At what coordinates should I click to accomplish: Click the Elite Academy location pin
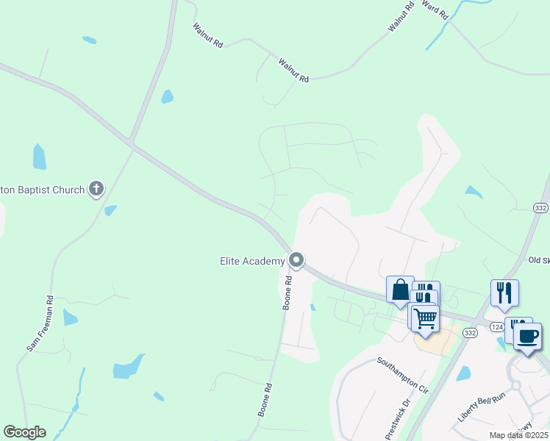click(296, 260)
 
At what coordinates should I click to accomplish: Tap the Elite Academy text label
click(252, 261)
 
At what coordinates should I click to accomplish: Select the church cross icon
click(96, 190)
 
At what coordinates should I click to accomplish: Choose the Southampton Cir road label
click(402, 374)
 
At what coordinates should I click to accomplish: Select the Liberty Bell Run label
click(482, 406)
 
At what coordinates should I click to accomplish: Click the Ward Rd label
click(435, 13)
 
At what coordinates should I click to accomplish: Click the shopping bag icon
click(400, 290)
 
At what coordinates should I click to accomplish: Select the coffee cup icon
click(527, 336)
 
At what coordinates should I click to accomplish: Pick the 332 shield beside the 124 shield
click(469, 333)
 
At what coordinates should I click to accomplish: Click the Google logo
click(24, 432)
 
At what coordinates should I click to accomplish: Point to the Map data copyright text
click(519, 435)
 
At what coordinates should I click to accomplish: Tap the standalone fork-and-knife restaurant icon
click(504, 293)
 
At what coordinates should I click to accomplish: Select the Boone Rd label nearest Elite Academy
click(288, 292)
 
